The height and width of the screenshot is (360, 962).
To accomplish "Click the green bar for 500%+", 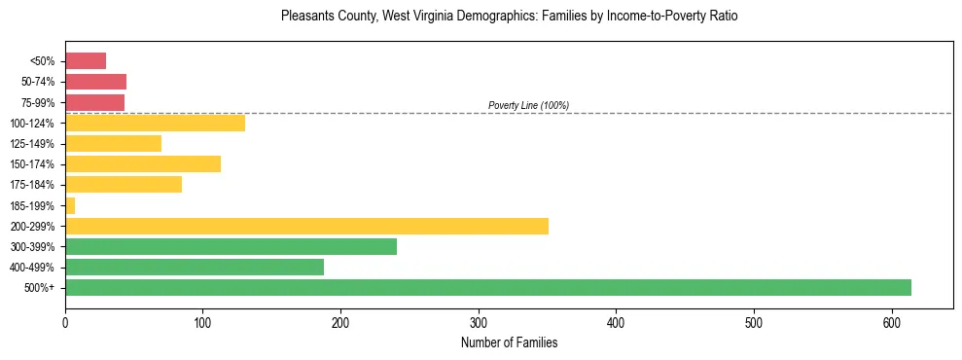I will click(x=487, y=287).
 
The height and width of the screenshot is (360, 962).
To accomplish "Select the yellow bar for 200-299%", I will click(x=306, y=226).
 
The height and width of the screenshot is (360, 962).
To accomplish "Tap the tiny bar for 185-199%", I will click(x=70, y=205).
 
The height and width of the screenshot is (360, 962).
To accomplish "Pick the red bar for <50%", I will click(x=86, y=60).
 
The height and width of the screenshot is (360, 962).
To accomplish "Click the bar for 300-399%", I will click(x=231, y=246).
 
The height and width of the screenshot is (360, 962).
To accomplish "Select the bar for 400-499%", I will click(x=195, y=267).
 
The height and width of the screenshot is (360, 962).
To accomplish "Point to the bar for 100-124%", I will click(x=155, y=123).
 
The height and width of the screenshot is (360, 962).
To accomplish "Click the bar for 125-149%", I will click(x=113, y=143).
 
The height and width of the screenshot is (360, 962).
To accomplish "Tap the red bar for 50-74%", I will click(x=95, y=81).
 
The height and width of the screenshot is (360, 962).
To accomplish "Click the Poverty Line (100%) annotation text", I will click(x=528, y=105).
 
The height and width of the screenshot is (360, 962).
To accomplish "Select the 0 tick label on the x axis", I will click(x=65, y=323).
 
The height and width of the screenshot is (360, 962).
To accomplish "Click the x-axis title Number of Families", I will click(x=509, y=342).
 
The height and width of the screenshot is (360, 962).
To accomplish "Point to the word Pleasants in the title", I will click(x=304, y=17).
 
